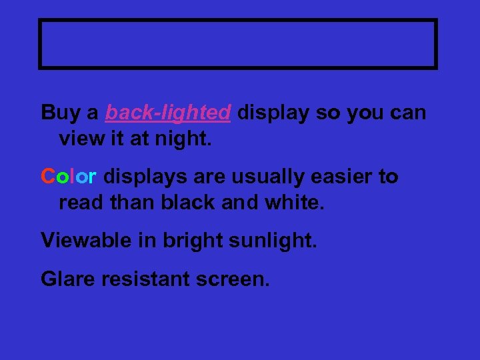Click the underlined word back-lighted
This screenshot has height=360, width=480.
[168, 113]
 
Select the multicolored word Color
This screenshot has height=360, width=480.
[69, 177]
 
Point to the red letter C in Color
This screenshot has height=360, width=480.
[47, 177]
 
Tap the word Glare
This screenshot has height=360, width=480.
[68, 279]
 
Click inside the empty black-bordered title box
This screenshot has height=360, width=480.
[238, 44]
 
